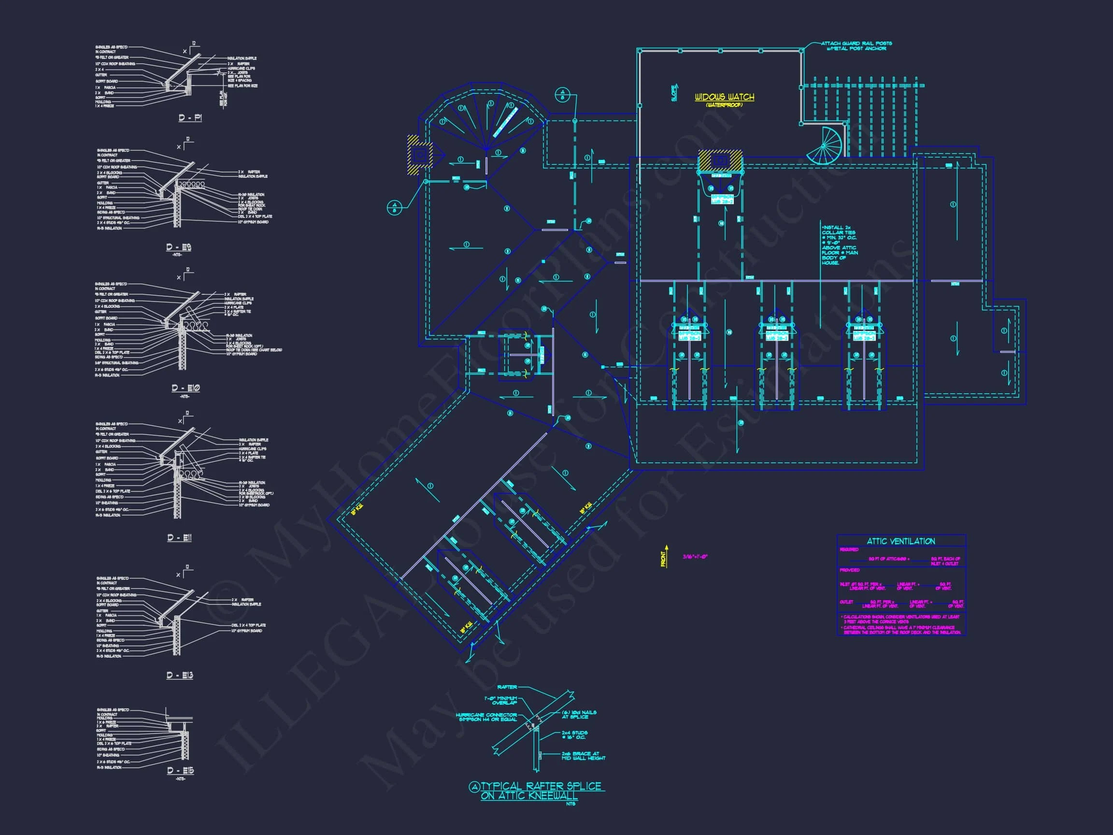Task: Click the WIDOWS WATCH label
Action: [724, 97]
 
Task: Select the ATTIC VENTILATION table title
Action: [900, 541]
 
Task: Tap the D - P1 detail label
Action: [190, 118]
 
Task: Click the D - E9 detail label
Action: [179, 247]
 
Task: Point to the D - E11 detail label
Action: [179, 537]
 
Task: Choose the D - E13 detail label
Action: [180, 675]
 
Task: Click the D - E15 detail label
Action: [180, 771]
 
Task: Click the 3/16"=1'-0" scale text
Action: [695, 557]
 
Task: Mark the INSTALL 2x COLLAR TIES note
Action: [839, 245]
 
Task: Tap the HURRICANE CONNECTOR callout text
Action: [486, 717]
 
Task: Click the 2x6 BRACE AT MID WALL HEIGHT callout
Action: [584, 755]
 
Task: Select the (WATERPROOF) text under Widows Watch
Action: [724, 105]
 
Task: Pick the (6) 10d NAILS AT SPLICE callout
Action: [579, 714]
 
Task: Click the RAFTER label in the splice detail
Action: [507, 687]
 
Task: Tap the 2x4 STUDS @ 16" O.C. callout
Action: [574, 734]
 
